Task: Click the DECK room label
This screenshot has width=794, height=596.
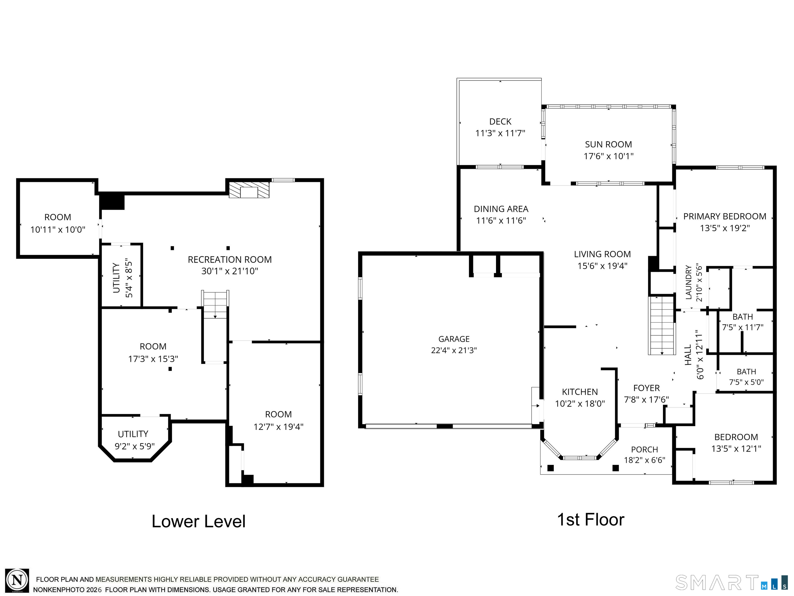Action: click(500, 121)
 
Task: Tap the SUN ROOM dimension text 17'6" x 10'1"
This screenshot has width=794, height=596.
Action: click(608, 156)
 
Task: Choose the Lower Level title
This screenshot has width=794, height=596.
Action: click(198, 521)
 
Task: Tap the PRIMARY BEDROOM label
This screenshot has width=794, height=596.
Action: click(725, 216)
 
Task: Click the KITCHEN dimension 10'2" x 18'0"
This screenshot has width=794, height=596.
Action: click(580, 404)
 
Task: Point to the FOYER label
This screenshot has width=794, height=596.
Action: click(646, 388)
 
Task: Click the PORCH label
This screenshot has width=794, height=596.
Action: click(645, 449)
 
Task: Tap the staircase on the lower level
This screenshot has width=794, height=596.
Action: click(215, 305)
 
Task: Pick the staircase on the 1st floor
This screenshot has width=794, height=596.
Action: click(662, 325)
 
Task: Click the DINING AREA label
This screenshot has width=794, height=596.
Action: click(501, 209)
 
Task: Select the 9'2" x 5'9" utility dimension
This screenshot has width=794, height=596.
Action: click(135, 446)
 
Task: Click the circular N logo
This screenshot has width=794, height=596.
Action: click(17, 580)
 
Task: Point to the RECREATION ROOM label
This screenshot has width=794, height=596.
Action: click(230, 259)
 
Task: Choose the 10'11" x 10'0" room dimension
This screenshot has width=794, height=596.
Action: click(58, 229)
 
